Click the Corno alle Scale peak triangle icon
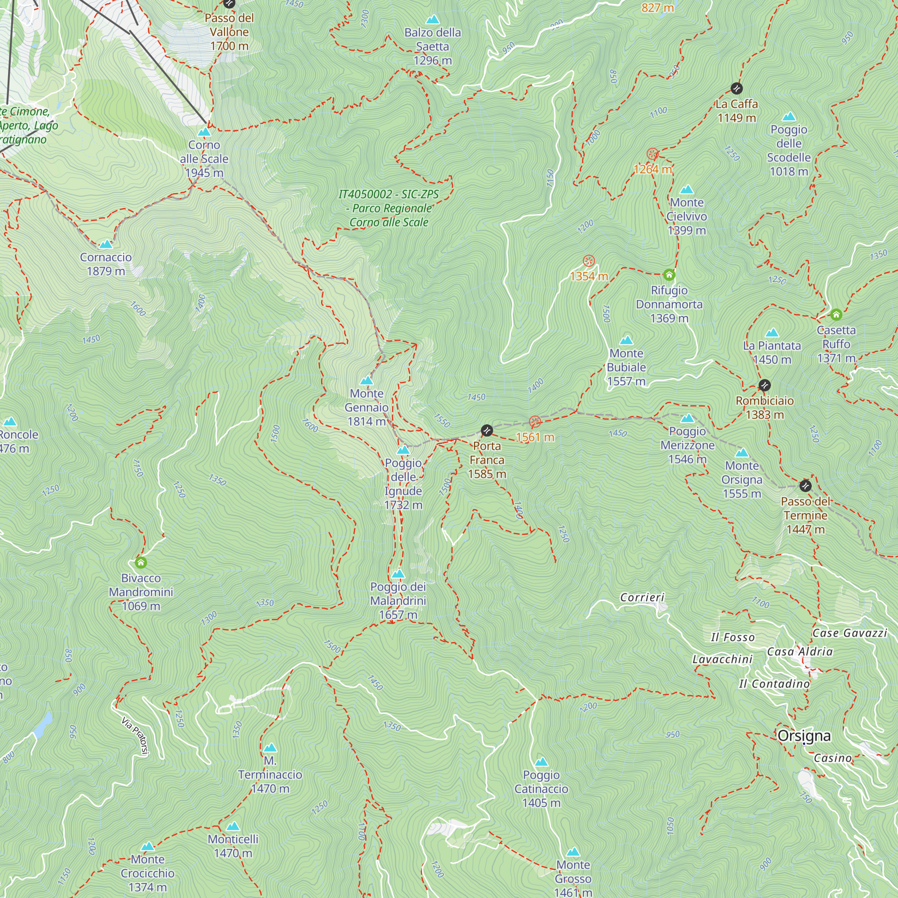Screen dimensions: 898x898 (204, 132)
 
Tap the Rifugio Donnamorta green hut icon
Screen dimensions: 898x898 (669, 275)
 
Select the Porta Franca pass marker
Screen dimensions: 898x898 (487, 431)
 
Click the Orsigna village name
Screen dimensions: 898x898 (804, 736)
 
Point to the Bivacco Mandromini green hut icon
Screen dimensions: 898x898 (141, 563)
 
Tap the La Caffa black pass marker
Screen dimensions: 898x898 (736, 88)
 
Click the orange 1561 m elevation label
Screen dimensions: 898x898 (535, 437)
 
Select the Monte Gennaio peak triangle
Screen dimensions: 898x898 (367, 381)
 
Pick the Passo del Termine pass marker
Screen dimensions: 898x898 (806, 486)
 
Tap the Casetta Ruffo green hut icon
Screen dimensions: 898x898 (836, 315)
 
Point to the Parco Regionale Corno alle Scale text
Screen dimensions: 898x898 (388, 208)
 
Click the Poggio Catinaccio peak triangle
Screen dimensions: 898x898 (541, 762)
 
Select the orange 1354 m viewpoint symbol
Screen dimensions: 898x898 (589, 260)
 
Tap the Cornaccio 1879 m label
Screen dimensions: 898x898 (106, 264)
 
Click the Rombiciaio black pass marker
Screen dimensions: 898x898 (765, 385)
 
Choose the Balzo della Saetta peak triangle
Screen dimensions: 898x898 (433, 19)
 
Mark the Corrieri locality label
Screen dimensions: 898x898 (643, 597)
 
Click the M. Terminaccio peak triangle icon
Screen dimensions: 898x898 (270, 748)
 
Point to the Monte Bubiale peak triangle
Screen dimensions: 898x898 (626, 340)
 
